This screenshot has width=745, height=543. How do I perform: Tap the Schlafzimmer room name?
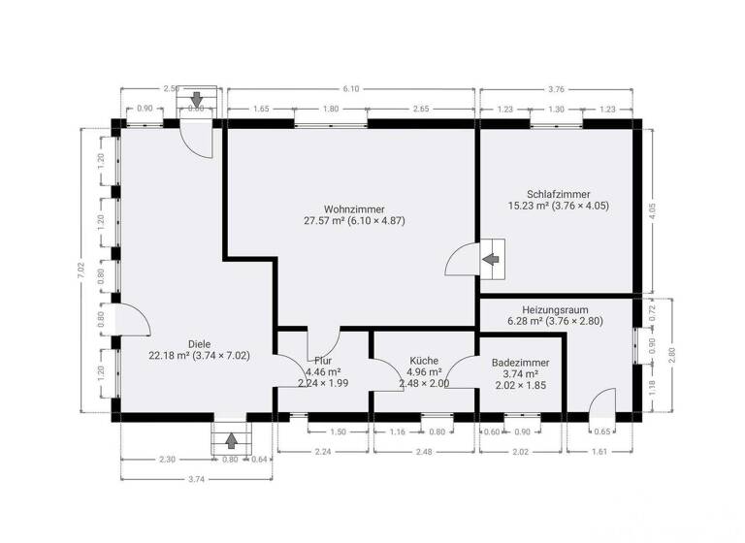(x=559, y=193)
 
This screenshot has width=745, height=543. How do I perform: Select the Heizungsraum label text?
(x=559, y=305)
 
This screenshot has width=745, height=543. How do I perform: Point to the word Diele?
(x=200, y=343)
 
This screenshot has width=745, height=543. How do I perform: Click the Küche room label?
(x=424, y=359)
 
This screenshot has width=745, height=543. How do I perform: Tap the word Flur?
(x=323, y=360)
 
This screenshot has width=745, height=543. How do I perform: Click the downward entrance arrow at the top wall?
(x=197, y=99)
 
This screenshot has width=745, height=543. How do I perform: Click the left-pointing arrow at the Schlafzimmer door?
(x=492, y=259)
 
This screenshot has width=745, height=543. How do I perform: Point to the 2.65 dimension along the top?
(x=419, y=110)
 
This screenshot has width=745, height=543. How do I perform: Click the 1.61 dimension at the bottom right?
(x=599, y=451)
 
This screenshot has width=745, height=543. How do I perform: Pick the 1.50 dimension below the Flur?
(x=338, y=431)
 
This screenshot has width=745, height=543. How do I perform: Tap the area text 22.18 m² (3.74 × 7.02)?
(x=200, y=356)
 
